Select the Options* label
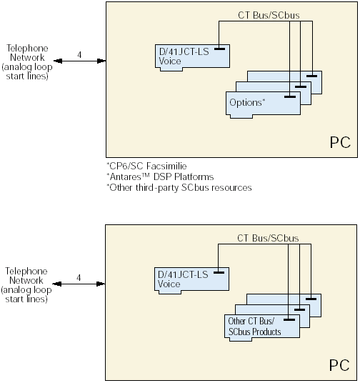click(x=247, y=103)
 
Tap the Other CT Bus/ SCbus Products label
click(x=254, y=327)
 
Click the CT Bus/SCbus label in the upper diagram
click(x=269, y=15)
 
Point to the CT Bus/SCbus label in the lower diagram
click(x=268, y=238)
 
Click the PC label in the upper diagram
click(x=340, y=142)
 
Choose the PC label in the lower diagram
click(x=339, y=365)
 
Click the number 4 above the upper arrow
click(x=79, y=55)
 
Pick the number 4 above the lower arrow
click(x=79, y=278)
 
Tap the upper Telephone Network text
click(x=27, y=62)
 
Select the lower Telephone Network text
click(x=26, y=285)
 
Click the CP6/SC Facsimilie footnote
click(x=146, y=166)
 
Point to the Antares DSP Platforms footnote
click(x=160, y=176)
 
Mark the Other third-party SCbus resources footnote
click(x=179, y=188)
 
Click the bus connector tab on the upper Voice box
click(x=219, y=49)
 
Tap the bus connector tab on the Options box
click(x=290, y=97)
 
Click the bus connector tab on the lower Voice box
click(x=219, y=272)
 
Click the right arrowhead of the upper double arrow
click(x=101, y=61)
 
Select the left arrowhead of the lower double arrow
click(x=57, y=284)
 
